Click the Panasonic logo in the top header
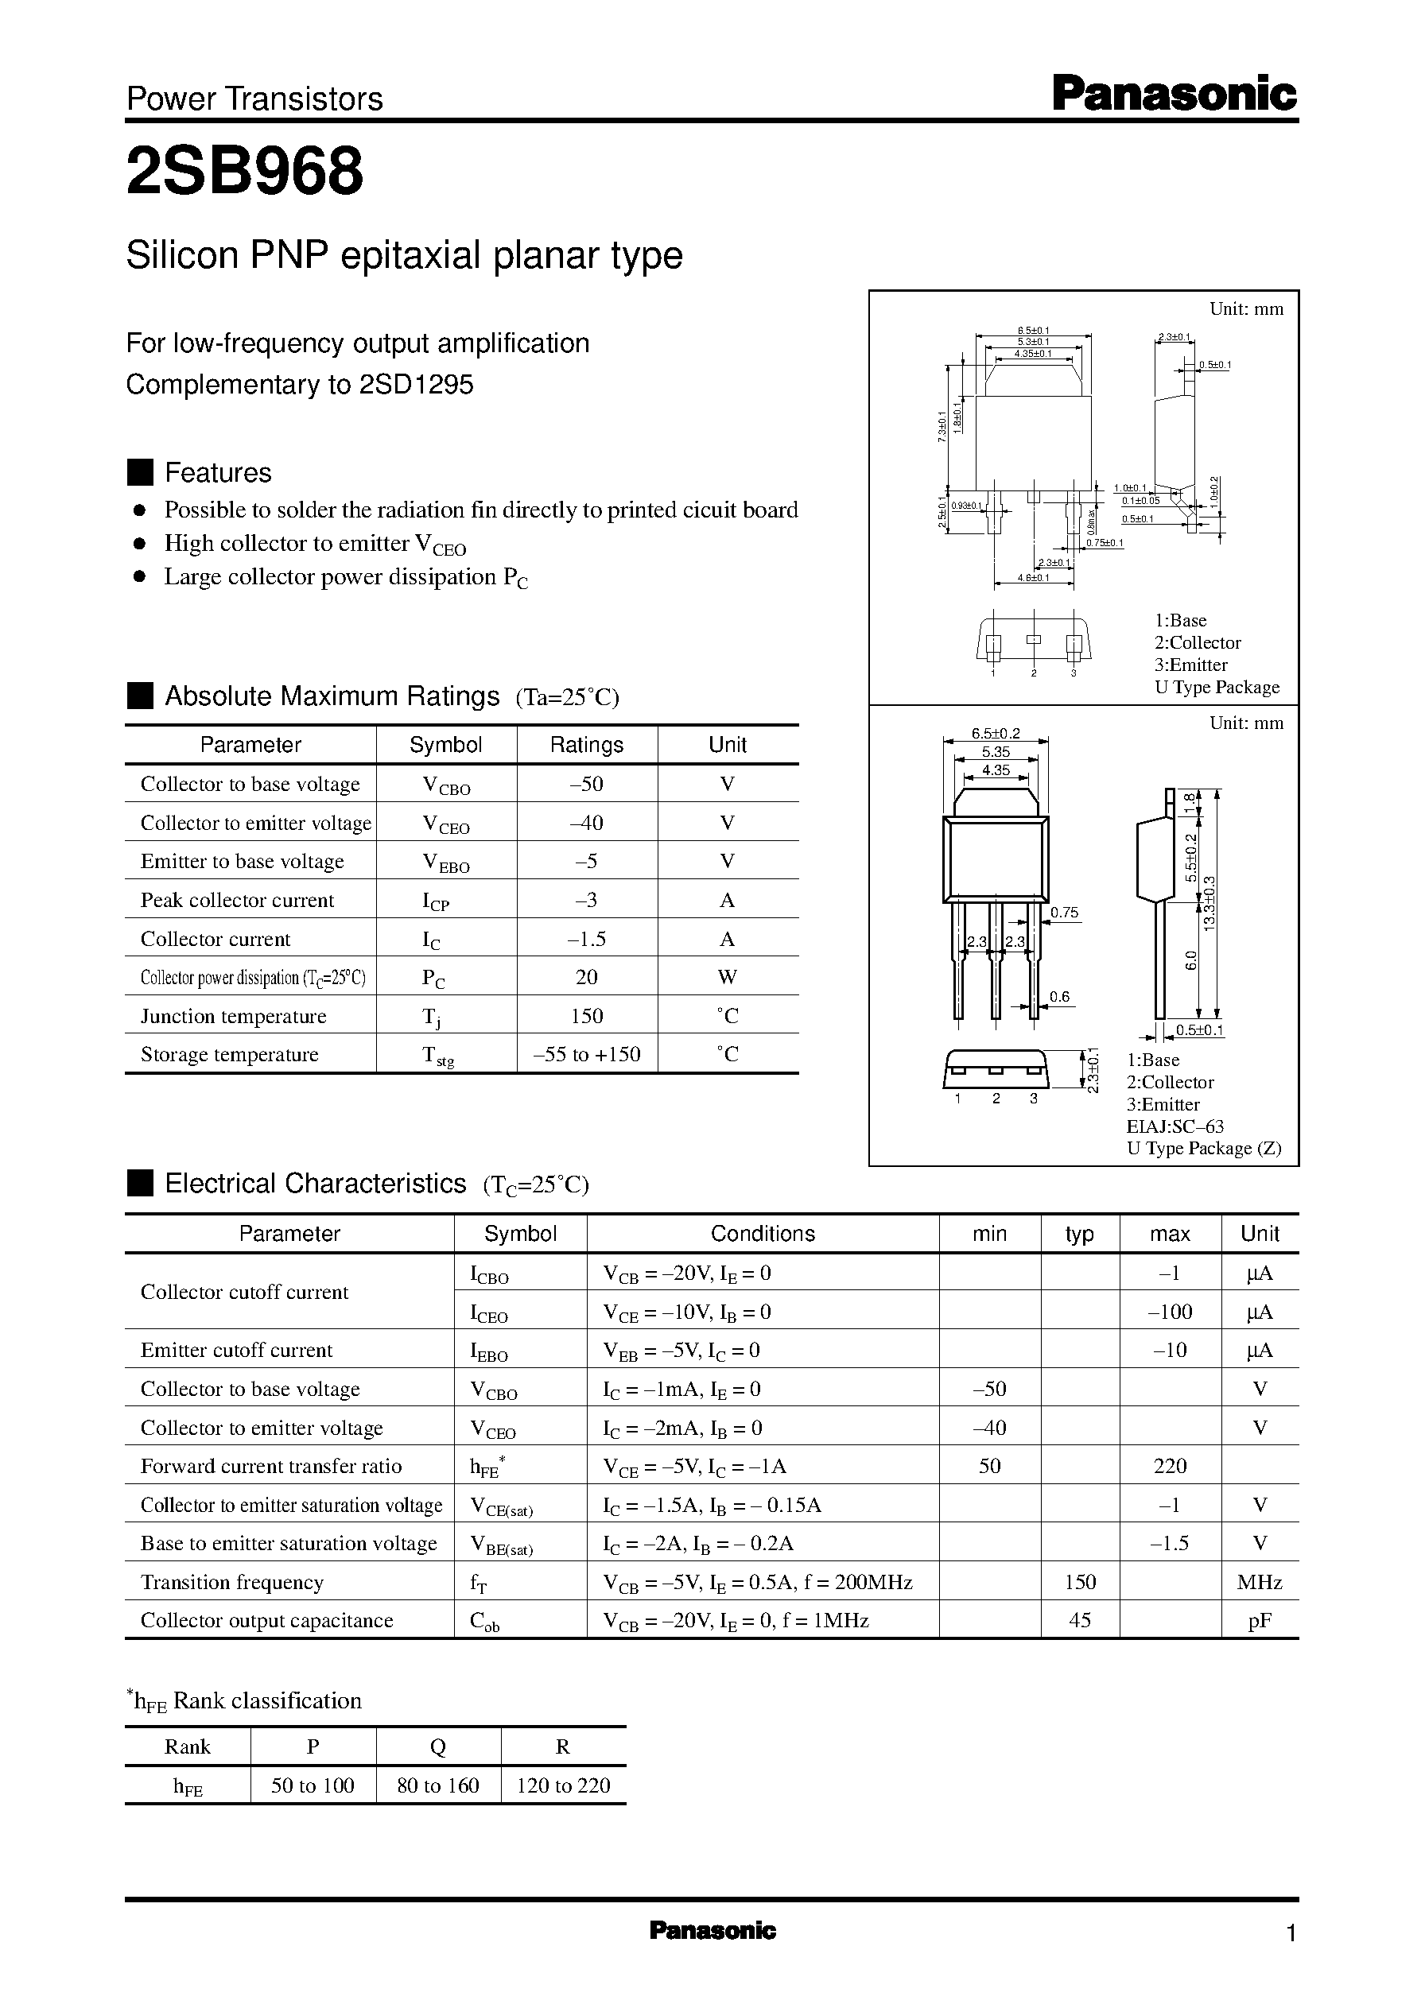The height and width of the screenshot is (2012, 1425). click(1173, 94)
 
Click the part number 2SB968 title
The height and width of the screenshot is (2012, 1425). click(245, 172)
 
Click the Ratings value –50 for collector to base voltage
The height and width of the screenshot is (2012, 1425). click(586, 784)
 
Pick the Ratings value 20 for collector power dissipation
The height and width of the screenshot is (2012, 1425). click(586, 977)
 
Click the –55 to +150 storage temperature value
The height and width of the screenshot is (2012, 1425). click(586, 1054)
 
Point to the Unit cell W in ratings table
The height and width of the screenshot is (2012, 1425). click(728, 977)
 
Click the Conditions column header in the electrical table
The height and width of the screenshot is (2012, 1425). click(763, 1234)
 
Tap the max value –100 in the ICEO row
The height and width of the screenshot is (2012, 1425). click(1170, 1312)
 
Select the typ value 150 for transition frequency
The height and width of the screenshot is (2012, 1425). click(1079, 1582)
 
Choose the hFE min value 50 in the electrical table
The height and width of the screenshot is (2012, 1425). click(989, 1467)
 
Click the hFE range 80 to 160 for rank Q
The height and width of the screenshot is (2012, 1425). click(438, 1785)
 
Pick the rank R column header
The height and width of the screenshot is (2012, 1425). click(562, 1746)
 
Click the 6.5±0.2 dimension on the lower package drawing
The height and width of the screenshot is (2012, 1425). click(995, 734)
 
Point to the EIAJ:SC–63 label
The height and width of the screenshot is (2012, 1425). click(1175, 1126)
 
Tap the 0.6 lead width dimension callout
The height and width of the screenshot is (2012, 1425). click(1059, 996)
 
